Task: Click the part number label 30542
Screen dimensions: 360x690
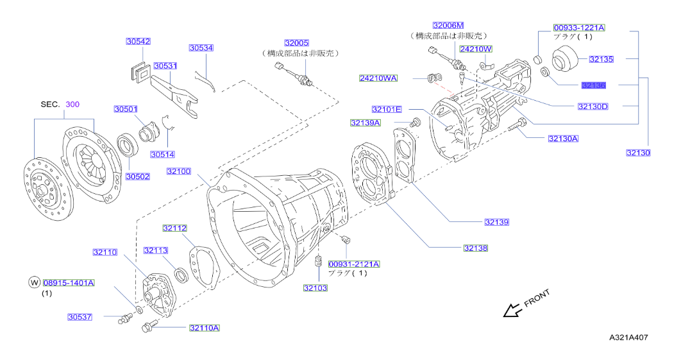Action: click(138, 41)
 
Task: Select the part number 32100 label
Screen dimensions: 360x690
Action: click(179, 171)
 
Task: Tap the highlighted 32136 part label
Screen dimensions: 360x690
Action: click(594, 85)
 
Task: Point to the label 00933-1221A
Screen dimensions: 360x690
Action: click(579, 28)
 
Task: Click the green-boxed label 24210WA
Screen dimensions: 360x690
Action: click(378, 78)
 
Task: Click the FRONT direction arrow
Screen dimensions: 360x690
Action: click(512, 311)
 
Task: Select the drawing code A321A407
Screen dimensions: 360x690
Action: click(632, 336)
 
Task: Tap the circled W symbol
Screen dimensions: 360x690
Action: click(34, 282)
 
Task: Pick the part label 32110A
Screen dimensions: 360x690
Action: click(204, 328)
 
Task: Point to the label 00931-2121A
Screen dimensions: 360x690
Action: click(354, 264)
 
